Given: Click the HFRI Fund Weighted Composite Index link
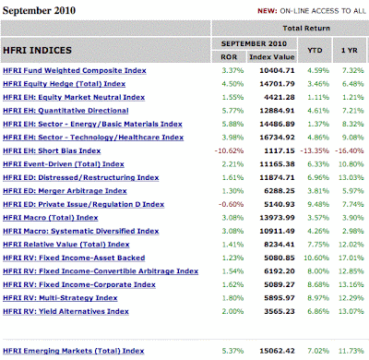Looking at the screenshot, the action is (x=75, y=70).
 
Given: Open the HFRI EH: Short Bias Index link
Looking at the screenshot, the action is (x=52, y=150).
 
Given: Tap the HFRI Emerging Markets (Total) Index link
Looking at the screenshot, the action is (x=74, y=351).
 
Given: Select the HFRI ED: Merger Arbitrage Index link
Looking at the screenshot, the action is (x=65, y=191).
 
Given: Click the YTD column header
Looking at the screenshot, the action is (x=315, y=50).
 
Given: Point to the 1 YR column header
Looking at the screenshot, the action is (x=350, y=50).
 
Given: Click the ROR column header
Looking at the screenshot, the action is (x=229, y=57).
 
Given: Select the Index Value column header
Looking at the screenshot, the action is (x=272, y=57).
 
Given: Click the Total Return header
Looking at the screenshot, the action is (x=306, y=29).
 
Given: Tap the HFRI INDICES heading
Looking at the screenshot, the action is (x=37, y=50).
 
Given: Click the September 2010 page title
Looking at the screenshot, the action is (x=39, y=10).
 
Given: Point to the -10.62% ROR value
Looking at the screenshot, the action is (x=229, y=150).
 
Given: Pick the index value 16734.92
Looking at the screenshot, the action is (x=277, y=138).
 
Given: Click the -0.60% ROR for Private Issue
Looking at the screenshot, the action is (x=231, y=204).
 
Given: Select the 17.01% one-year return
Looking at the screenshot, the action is (x=351, y=258).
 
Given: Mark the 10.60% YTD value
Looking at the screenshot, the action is (x=316, y=258).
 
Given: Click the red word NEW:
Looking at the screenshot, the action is (x=268, y=11).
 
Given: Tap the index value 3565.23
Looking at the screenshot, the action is (x=280, y=311).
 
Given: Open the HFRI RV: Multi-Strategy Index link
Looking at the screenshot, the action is (x=60, y=298).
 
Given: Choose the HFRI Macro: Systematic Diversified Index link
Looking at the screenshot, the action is (x=81, y=231).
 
